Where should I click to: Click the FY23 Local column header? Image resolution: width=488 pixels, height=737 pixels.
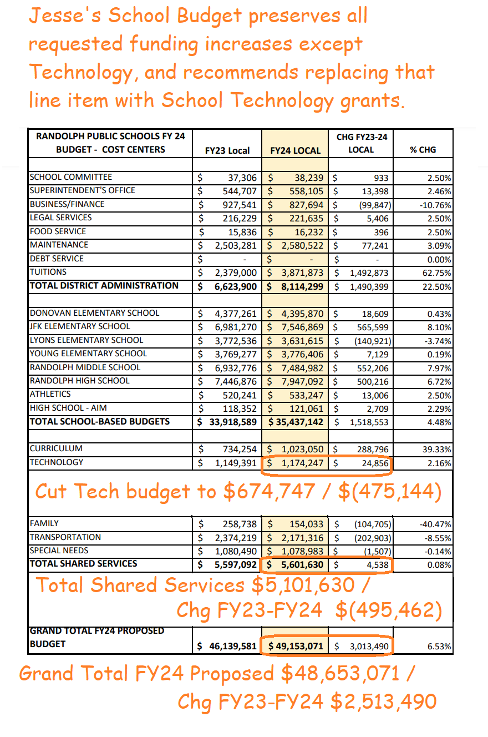(x=227, y=150)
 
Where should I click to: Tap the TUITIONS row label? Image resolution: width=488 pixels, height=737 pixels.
(x=48, y=272)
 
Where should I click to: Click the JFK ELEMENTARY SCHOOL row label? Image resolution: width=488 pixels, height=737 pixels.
(x=80, y=326)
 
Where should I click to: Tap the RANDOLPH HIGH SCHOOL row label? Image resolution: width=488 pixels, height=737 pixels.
(x=79, y=381)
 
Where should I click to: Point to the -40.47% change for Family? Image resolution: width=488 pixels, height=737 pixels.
(x=435, y=524)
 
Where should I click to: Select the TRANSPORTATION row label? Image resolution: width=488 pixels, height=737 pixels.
(x=65, y=537)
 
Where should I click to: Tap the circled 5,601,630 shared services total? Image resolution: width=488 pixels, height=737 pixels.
(x=299, y=565)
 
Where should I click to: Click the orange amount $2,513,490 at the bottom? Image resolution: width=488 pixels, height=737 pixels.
(x=383, y=702)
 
